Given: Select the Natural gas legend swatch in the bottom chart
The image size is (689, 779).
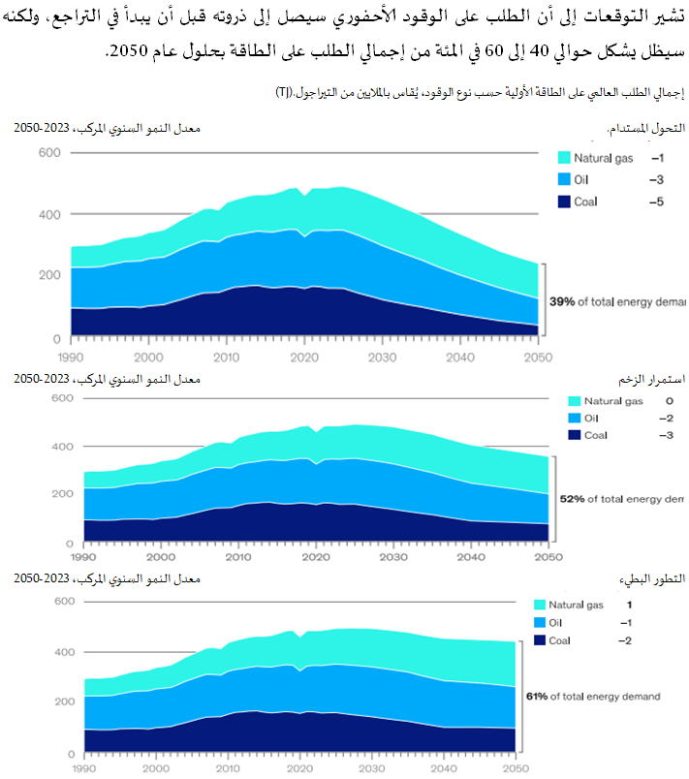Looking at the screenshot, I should (x=540, y=605).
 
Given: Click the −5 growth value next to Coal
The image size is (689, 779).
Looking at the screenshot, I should (x=656, y=202).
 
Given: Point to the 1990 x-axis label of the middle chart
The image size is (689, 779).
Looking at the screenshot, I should (x=84, y=558).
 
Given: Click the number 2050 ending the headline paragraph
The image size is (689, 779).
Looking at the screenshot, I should (x=125, y=50).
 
